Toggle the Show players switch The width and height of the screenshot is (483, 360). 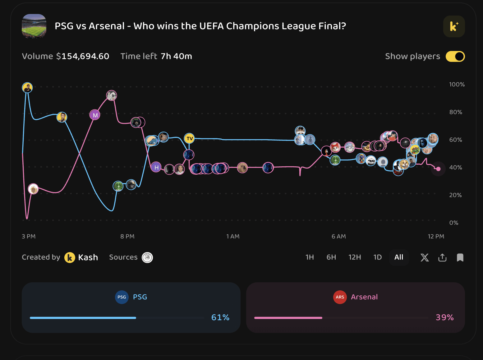455,57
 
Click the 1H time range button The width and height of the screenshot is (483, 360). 310,257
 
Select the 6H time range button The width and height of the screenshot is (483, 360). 331,257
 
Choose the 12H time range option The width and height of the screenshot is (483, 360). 355,257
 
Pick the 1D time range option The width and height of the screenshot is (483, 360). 377,257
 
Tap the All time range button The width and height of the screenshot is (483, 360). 399,257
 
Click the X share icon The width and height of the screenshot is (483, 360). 425,258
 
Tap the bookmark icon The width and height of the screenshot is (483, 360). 460,258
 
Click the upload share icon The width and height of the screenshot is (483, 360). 442,258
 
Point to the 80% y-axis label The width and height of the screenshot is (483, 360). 456,112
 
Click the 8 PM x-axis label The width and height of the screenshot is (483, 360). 127,237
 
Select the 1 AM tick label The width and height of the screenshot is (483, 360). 233,237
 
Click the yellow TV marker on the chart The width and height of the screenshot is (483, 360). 189,138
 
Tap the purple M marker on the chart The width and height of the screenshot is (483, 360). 95,115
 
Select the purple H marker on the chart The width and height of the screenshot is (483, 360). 156,167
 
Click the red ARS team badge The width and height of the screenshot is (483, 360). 340,297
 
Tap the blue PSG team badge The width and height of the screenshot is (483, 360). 122,297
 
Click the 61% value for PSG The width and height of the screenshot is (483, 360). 220,317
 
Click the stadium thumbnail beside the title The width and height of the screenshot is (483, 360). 34,26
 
